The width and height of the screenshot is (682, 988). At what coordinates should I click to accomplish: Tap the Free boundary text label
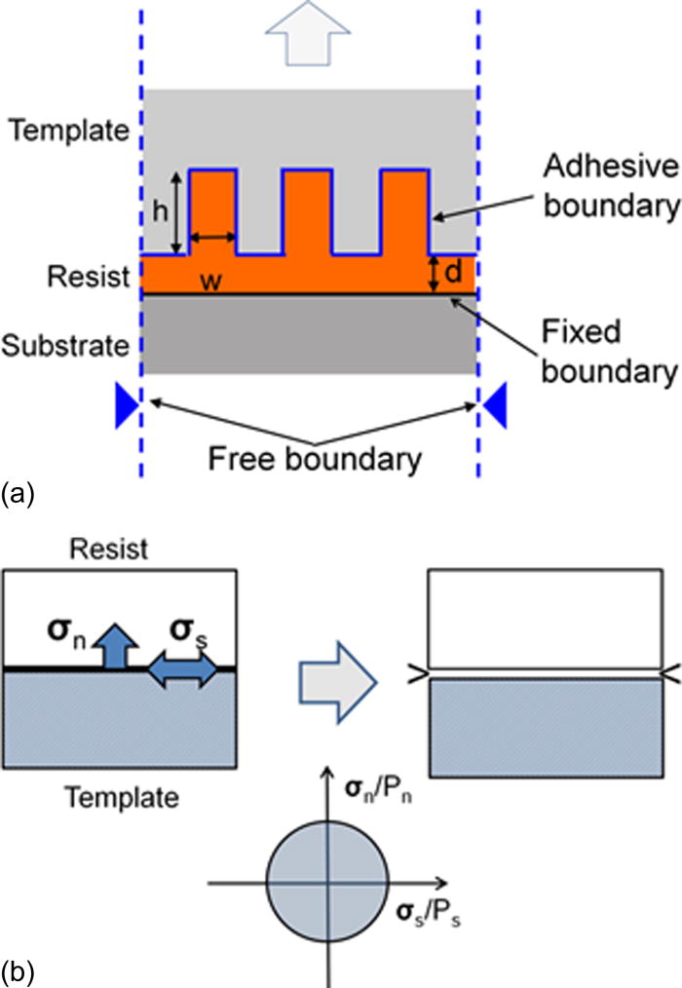coord(311,456)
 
